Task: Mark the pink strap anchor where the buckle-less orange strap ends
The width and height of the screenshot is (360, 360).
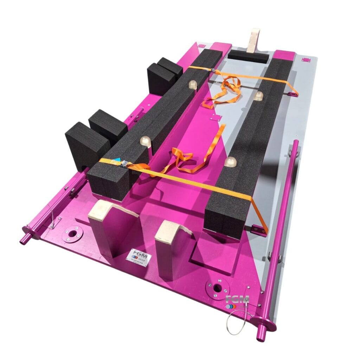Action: (291, 94)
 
